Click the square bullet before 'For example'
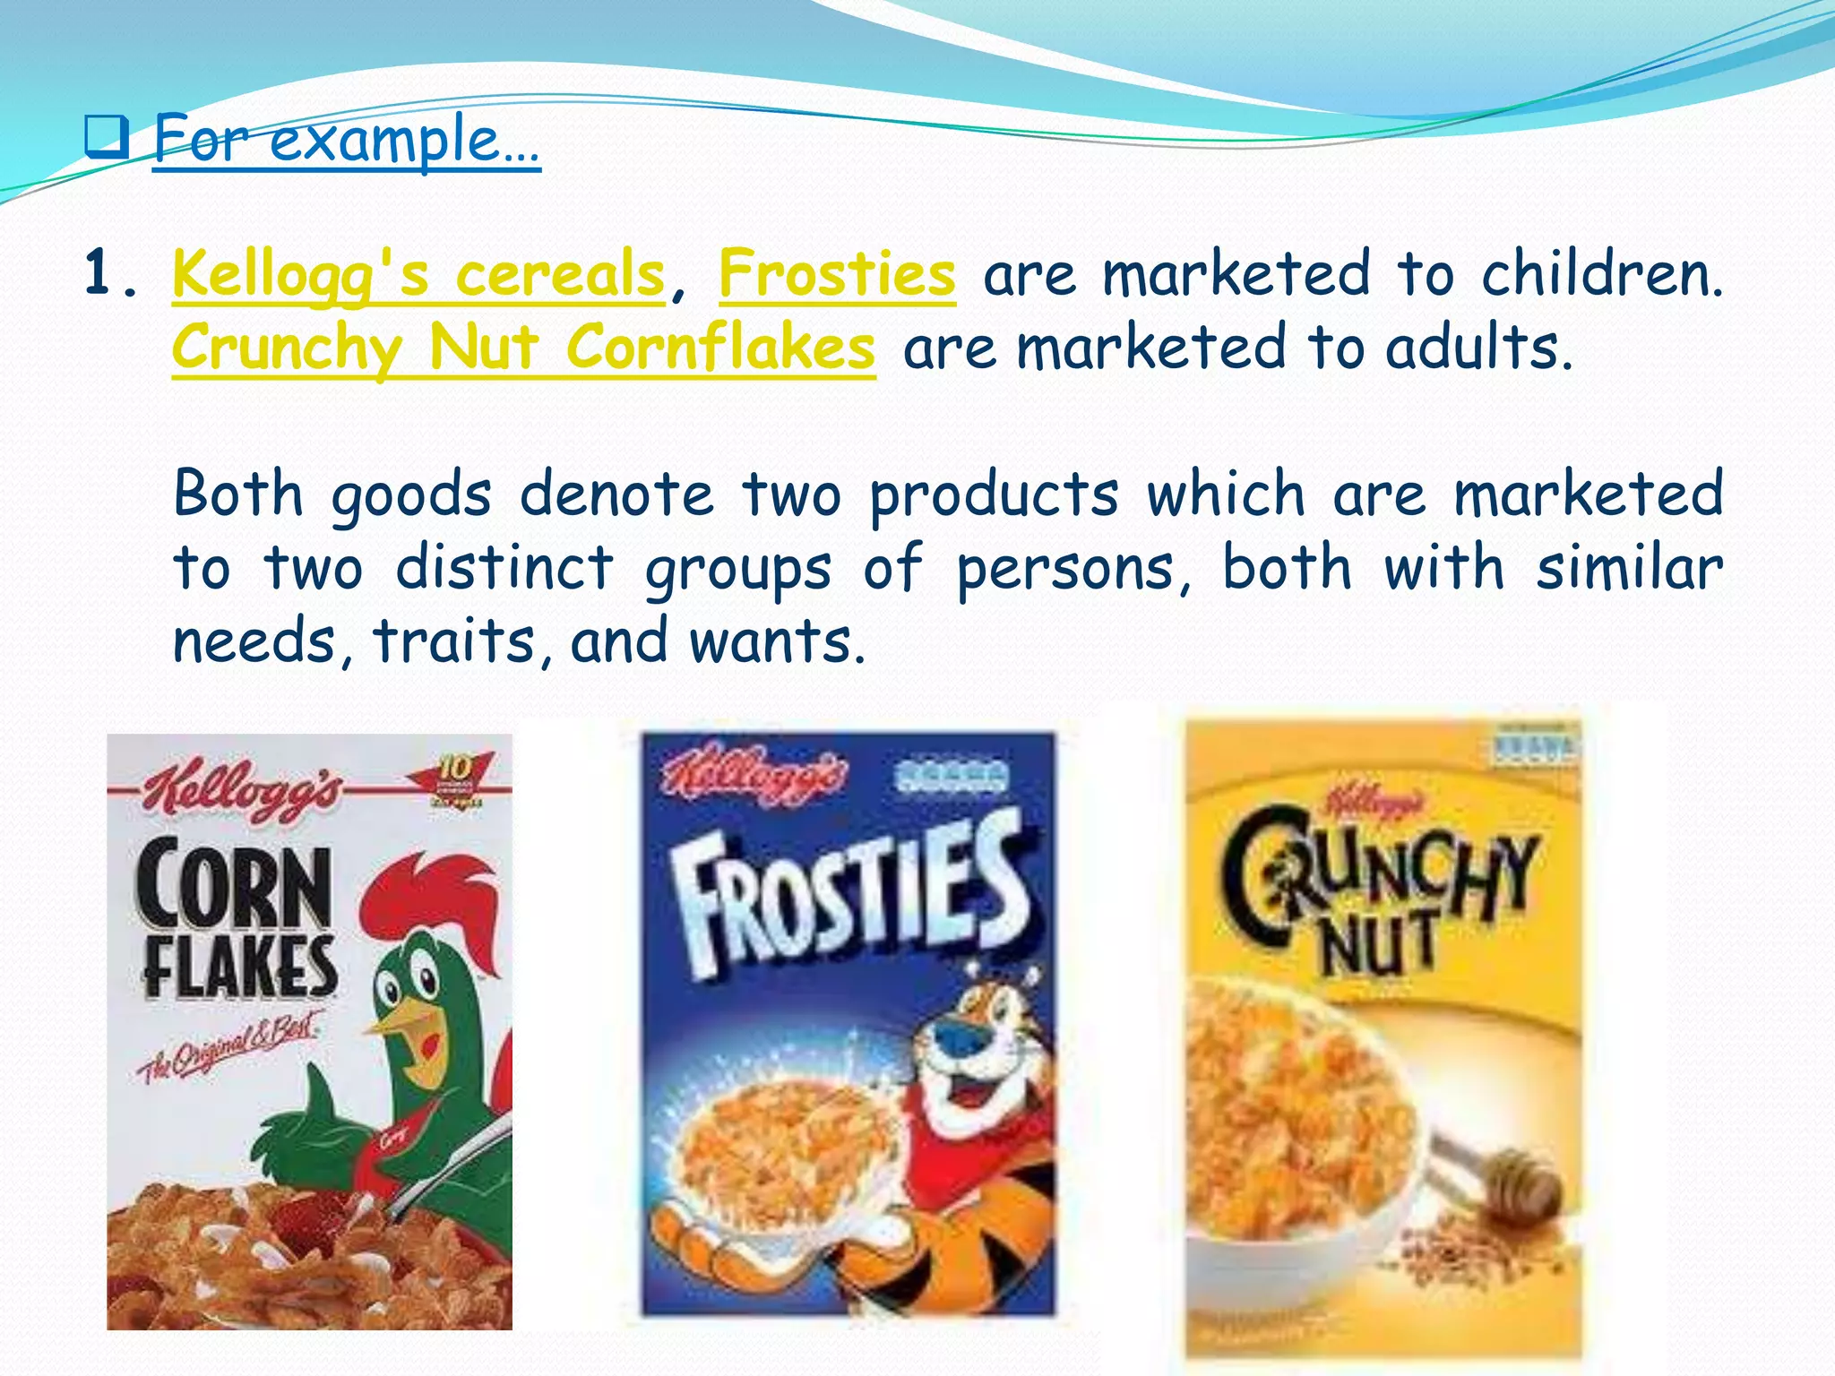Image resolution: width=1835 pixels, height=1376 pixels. [x=107, y=138]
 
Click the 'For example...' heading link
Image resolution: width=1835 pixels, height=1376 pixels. [x=346, y=140]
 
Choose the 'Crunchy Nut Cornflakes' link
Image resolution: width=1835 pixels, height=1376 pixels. [x=523, y=348]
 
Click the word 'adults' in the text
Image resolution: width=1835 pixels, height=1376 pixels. [x=1477, y=348]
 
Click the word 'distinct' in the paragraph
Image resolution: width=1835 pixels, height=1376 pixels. [x=504, y=568]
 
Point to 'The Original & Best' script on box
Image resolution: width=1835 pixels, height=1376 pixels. [x=229, y=1048]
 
